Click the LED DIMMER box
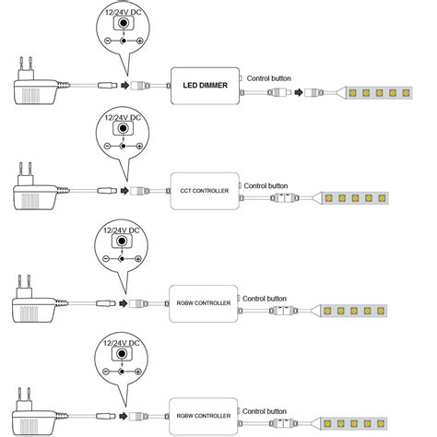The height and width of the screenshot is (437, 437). (205, 85)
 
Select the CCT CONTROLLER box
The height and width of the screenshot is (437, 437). (205, 191)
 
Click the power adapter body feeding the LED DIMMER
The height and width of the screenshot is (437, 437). (35, 89)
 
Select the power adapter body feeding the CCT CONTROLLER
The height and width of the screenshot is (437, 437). (35, 195)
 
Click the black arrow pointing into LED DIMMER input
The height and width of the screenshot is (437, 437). (125, 85)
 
